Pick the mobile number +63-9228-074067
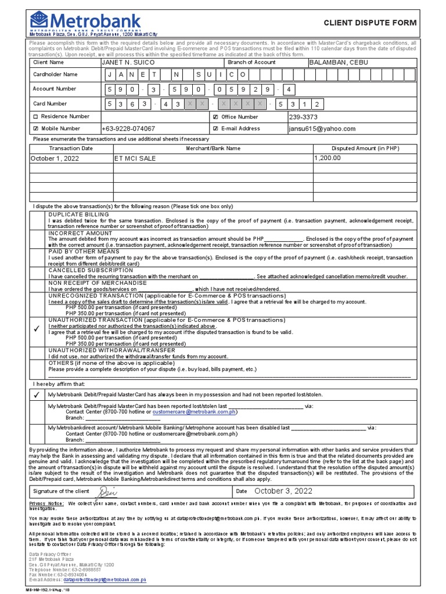128,129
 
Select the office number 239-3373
303,117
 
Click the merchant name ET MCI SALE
135,158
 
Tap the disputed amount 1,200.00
328,158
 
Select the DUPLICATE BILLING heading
78,215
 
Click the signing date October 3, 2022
283,491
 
